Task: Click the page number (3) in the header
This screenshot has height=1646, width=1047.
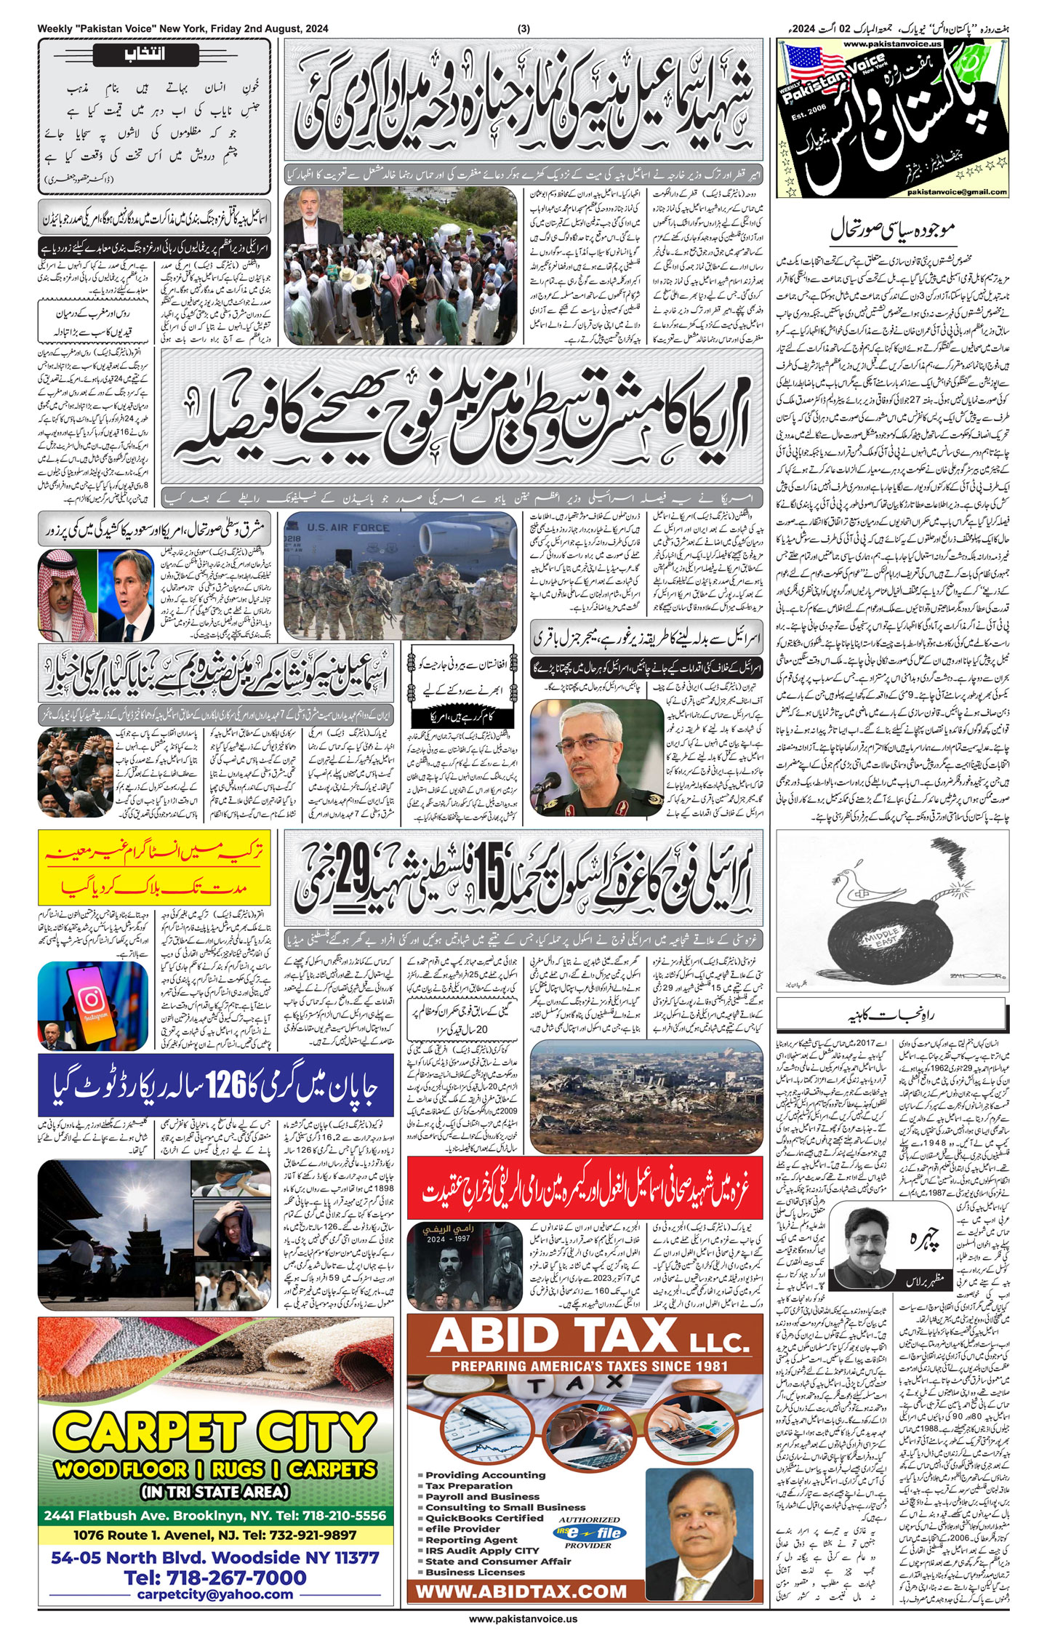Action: tap(523, 29)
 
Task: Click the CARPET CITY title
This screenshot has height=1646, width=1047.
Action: tap(215, 1432)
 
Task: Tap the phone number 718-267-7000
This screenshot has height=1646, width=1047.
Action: tap(215, 1578)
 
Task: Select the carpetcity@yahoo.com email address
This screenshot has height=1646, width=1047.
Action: tap(215, 1594)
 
